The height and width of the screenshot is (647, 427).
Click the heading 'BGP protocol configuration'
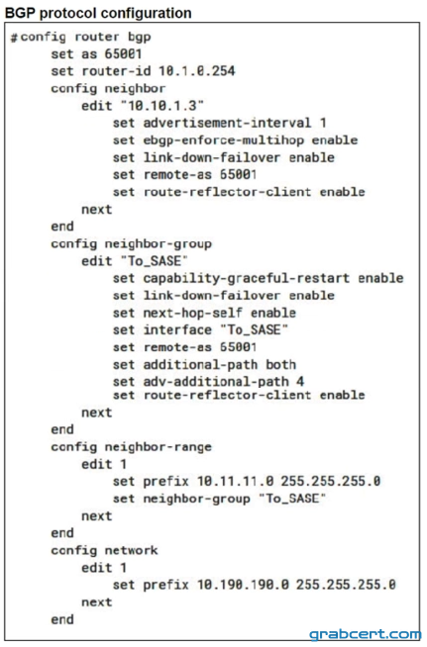pos(98,13)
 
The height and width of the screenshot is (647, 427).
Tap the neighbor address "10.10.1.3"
pos(162,106)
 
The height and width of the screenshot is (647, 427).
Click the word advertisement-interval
pos(227,123)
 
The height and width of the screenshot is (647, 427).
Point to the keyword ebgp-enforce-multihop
pos(224,140)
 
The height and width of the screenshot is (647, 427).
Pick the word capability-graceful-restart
pos(247,279)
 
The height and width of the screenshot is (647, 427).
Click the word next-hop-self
pos(192,314)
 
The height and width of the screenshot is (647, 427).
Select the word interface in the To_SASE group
pos(177,330)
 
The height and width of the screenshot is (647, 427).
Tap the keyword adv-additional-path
pos(216,382)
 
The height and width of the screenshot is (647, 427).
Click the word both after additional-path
pos(280,365)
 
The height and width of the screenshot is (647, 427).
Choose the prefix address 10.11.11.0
pos(235,481)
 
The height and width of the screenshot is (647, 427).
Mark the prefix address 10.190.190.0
pos(243,585)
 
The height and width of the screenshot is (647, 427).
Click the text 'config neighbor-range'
pos(131,447)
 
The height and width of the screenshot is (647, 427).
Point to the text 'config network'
pos(104,550)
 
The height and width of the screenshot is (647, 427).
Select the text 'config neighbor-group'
pos(131,244)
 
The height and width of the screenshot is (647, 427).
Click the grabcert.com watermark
pos(366,634)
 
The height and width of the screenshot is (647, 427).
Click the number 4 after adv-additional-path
pos(300,382)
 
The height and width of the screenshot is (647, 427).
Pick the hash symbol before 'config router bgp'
pos(15,38)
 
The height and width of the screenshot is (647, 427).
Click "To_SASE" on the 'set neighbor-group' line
pos(292,499)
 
